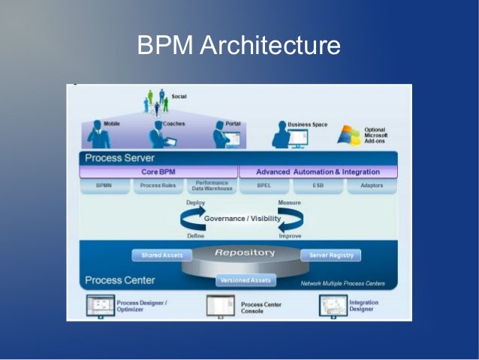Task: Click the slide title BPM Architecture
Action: [239, 46]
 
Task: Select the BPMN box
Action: [104, 186]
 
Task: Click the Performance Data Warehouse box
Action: [212, 186]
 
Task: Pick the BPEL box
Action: [264, 186]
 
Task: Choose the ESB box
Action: [318, 186]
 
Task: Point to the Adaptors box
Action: [372, 186]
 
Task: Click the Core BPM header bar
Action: [158, 172]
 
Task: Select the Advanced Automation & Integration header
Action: [318, 172]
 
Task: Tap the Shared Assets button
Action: [161, 256]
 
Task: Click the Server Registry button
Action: [330, 256]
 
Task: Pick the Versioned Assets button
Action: [246, 280]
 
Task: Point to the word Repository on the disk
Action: [245, 253]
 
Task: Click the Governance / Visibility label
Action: [243, 219]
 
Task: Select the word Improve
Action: [290, 235]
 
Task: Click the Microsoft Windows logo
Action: [348, 135]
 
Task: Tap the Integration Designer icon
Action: [332, 304]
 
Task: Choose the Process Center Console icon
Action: [221, 305]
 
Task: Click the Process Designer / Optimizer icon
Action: [100, 304]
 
